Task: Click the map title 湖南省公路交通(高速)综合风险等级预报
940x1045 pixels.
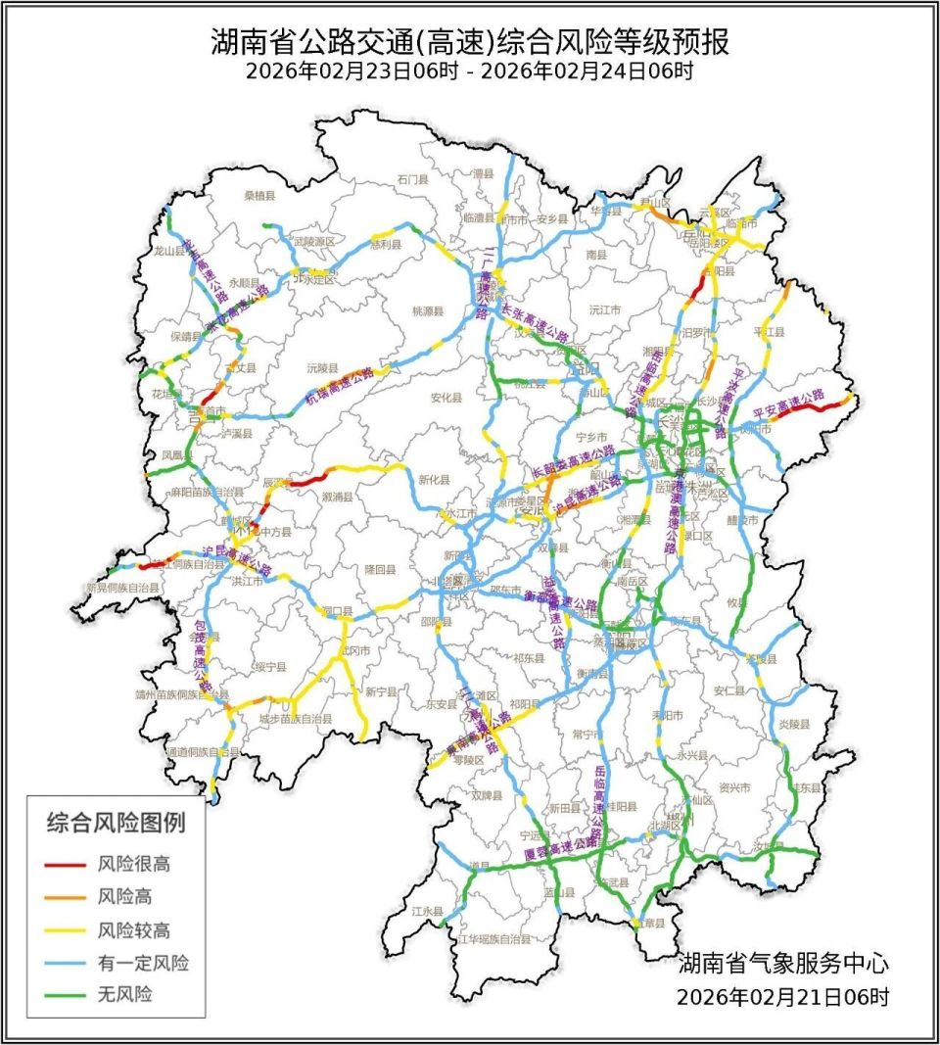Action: tap(470, 43)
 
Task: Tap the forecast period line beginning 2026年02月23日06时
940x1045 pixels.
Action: tap(470, 71)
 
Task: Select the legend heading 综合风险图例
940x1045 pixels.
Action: tap(116, 823)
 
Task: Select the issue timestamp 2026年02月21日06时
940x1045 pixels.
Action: tap(783, 997)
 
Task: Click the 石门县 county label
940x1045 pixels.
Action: tap(413, 180)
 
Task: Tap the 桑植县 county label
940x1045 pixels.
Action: tap(260, 196)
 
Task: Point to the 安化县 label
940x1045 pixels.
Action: tap(446, 398)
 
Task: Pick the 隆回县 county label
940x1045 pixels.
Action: tap(380, 568)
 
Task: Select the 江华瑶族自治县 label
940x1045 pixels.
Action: tap(494, 938)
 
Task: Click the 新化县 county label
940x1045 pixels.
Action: tap(435, 480)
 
